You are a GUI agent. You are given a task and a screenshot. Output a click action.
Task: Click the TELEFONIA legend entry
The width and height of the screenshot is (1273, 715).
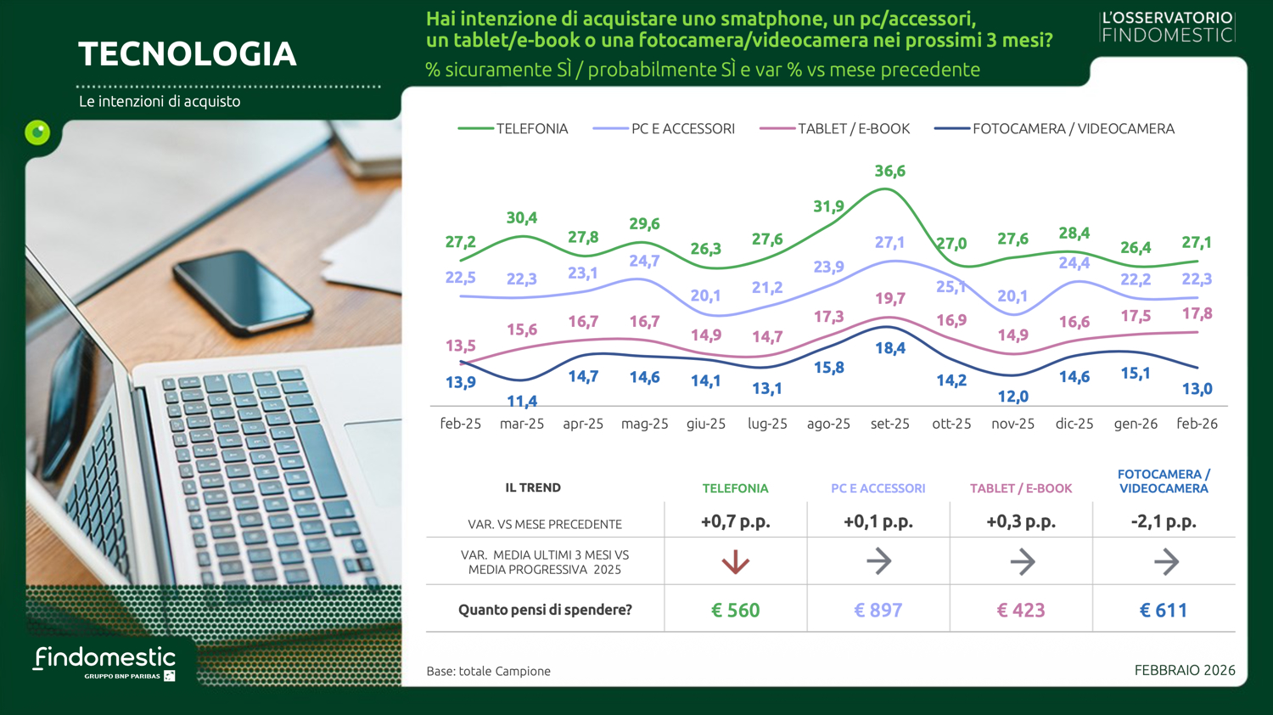pos(513,129)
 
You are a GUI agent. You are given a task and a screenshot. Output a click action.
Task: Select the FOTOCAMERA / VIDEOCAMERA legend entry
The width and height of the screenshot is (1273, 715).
pos(1054,129)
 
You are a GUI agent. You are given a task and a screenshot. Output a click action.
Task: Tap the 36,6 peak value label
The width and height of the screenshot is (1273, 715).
pos(889,172)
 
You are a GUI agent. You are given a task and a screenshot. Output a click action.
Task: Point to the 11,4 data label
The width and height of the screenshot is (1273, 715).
pos(521,401)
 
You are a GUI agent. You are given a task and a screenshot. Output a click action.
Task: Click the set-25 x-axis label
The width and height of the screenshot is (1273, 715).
pos(889,424)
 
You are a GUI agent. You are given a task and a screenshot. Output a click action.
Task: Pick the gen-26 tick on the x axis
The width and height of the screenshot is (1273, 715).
pos(1135,424)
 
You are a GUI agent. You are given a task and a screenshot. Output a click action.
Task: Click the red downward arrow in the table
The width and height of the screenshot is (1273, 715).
pos(735,561)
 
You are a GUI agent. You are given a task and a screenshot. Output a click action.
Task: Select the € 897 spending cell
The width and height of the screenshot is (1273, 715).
pos(878,610)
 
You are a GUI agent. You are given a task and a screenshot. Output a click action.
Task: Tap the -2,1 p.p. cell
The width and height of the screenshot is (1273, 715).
pos(1163,522)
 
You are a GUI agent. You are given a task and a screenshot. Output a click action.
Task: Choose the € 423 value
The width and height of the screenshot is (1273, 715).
pos(1020,610)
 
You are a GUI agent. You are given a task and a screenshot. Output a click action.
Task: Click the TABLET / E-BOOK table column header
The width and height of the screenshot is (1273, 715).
pos(1020,488)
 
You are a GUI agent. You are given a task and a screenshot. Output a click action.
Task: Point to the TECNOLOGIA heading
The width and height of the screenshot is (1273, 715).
pos(188,54)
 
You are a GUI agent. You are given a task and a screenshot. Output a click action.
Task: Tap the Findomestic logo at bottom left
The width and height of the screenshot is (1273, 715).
pos(104,662)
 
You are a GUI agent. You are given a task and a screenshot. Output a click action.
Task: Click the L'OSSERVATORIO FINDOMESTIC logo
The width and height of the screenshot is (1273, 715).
pos(1167,26)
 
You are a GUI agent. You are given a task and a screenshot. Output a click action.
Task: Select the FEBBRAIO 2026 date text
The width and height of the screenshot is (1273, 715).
pos(1184,670)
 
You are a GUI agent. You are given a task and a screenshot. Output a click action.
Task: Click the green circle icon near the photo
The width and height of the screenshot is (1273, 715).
pos(37,132)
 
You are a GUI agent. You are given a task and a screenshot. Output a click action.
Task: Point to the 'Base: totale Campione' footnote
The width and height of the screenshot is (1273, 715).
pos(488,671)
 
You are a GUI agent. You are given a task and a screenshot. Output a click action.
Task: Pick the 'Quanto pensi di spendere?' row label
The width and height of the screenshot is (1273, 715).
pos(545,610)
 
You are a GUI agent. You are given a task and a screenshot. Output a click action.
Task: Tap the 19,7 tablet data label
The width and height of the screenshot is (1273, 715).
pos(889,299)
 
